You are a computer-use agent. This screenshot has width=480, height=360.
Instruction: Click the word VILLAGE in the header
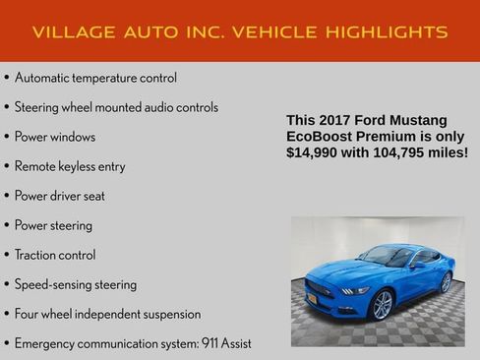(x=68, y=32)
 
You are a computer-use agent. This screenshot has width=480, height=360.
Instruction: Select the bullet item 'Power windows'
(x=55, y=137)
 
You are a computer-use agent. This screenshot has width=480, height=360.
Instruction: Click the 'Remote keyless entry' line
(x=70, y=166)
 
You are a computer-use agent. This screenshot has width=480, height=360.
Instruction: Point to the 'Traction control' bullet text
(x=55, y=255)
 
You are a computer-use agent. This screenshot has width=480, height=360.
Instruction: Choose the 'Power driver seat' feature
(x=60, y=196)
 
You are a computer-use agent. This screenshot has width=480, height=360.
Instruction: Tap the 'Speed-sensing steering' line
(x=76, y=284)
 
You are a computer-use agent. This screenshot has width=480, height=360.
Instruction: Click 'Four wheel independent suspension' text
(x=107, y=314)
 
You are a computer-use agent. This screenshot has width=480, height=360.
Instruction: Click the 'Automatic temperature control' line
(x=95, y=78)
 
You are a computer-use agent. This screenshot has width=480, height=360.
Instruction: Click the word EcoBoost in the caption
(x=321, y=136)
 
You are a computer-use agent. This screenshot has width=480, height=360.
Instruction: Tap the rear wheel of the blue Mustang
(x=446, y=282)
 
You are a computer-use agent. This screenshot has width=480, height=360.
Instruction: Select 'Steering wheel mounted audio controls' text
(x=116, y=107)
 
